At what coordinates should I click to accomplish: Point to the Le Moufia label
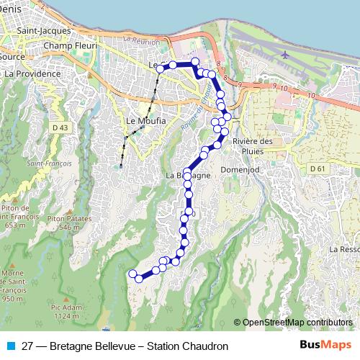pyautogui.click(x=145, y=121)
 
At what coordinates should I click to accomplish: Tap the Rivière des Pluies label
pyautogui.click(x=253, y=146)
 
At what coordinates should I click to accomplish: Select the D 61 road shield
pyautogui.click(x=317, y=168)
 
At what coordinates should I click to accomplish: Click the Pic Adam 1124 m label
pyautogui.click(x=66, y=311)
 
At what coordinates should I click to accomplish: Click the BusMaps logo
pyautogui.click(x=325, y=346)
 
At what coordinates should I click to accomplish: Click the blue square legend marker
pyautogui.click(x=9, y=346)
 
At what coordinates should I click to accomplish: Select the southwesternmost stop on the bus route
pyautogui.click(x=132, y=274)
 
